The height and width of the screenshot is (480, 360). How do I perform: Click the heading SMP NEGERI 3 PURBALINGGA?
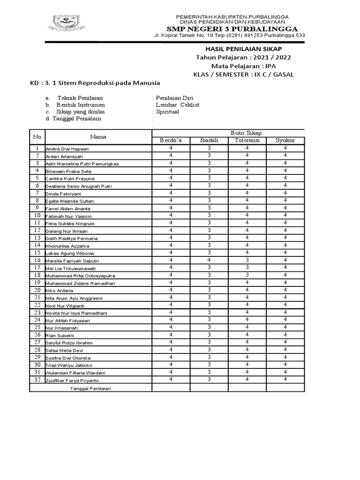point(232,28)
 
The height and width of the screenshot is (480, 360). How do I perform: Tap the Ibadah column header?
point(209,141)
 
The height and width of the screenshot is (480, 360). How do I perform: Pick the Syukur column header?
point(285,141)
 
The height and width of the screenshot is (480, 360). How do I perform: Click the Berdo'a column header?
point(171,141)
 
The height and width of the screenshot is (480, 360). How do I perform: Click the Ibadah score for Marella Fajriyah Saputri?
point(209,260)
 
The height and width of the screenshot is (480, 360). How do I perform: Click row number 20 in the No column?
point(37,290)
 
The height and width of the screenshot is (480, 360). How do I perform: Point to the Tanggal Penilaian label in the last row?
point(91,388)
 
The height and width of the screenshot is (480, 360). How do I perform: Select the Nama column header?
point(98,137)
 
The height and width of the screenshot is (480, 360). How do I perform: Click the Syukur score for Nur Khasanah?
point(285,327)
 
